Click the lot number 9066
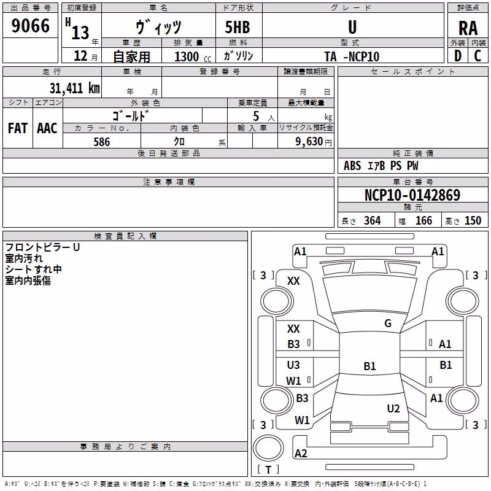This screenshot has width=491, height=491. (30, 26)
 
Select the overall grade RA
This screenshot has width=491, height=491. (468, 28)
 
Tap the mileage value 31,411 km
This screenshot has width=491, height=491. (74, 88)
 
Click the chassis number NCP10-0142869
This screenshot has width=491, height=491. (412, 195)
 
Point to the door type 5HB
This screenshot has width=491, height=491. (238, 27)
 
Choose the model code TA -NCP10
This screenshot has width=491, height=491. (352, 56)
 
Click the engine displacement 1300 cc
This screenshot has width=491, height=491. (193, 56)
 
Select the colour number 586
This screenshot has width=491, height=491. (102, 142)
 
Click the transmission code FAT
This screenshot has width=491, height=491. (18, 128)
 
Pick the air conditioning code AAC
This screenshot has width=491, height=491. (47, 128)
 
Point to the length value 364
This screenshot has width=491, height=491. (373, 220)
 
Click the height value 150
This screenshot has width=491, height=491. (473, 220)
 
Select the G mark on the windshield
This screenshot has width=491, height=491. (388, 323)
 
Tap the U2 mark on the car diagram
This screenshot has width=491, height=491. (393, 408)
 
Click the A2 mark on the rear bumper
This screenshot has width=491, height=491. (301, 453)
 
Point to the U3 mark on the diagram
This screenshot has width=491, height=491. (293, 365)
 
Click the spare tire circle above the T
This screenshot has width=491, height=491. (268, 448)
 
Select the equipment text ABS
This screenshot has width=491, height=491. (352, 166)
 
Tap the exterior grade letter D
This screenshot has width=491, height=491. (458, 56)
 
